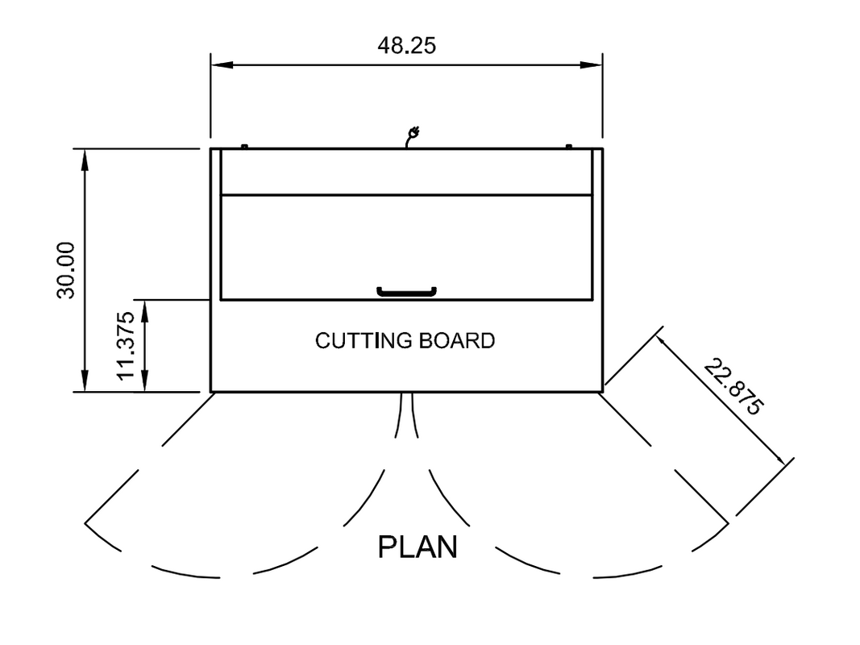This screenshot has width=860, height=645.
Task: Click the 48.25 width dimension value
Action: tap(406, 45)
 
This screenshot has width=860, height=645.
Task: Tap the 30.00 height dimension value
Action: tap(66, 269)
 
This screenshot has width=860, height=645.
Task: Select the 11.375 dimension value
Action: tap(125, 346)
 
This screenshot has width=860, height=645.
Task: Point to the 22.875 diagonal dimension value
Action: tap(732, 386)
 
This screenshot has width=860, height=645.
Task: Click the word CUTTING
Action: tap(364, 341)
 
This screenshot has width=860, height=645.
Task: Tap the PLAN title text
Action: tap(418, 547)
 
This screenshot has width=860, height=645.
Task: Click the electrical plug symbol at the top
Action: tap(413, 135)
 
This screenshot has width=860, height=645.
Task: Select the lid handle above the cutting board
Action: tap(406, 291)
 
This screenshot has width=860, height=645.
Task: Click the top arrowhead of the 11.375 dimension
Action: tap(146, 307)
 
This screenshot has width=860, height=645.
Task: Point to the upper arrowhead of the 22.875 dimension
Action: tap(664, 341)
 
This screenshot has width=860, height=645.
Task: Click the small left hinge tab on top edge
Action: tap(243, 146)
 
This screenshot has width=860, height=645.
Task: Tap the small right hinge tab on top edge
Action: tap(569, 146)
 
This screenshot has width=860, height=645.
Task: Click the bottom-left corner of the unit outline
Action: tap(211, 392)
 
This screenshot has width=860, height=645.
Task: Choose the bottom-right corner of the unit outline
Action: tap(602, 392)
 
